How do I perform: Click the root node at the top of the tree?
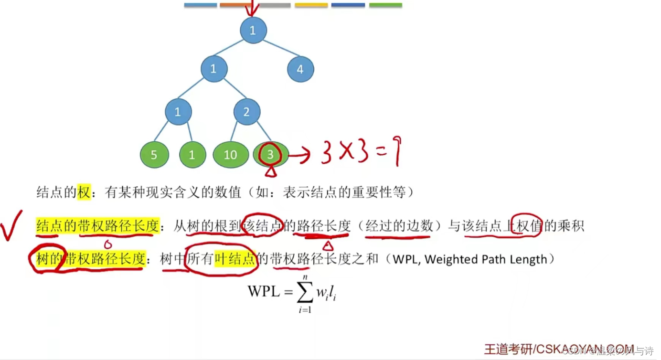coord(253,31)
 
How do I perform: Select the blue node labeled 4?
coord(300,69)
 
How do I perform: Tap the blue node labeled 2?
coord(247,112)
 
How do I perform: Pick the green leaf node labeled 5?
coord(154,155)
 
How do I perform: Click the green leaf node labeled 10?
coord(230,155)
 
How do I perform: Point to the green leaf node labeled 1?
coord(192,155)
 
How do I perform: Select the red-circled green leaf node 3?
coord(271,154)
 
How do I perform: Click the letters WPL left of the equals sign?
coord(264,291)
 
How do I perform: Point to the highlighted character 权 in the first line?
coord(84,193)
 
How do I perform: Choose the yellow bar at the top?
coord(311,5)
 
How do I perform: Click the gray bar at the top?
coord(275,5)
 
